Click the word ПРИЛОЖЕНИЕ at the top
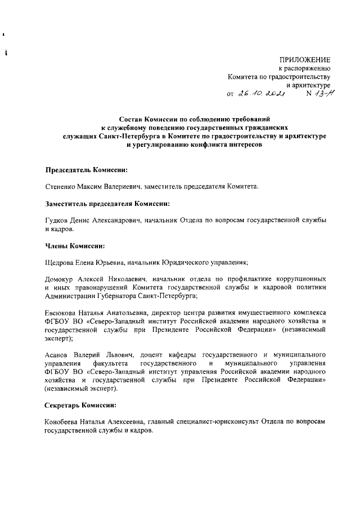click(305, 60)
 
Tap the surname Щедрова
click(62, 262)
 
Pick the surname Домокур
click(62, 279)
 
